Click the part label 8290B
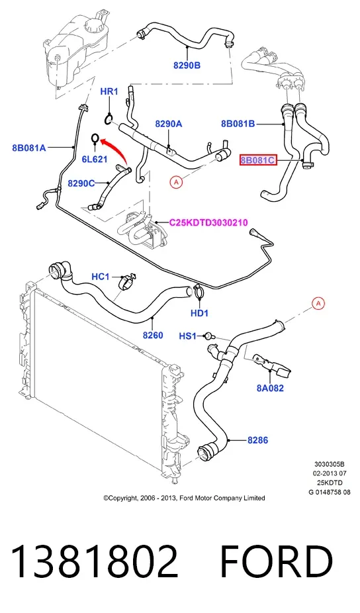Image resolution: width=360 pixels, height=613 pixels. (x=187, y=66)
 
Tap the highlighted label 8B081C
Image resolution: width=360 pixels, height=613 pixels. (x=258, y=160)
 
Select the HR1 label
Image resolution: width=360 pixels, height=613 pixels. (x=109, y=91)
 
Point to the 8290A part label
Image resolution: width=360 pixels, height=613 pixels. (x=169, y=124)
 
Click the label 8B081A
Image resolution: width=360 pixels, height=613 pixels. (x=29, y=148)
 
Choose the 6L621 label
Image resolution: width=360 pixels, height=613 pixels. (x=94, y=159)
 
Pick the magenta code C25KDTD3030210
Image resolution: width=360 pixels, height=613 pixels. (x=208, y=223)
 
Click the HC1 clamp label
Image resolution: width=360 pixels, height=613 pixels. (x=101, y=277)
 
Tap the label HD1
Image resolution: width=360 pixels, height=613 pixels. (x=199, y=312)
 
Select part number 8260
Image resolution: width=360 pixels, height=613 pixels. (x=153, y=335)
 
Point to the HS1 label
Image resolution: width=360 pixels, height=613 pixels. (x=188, y=336)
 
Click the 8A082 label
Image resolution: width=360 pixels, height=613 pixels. (x=270, y=388)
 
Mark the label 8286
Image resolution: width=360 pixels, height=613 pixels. (x=257, y=440)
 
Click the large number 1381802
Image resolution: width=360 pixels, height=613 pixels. (x=95, y=561)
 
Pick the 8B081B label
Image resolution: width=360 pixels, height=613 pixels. (x=238, y=124)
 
